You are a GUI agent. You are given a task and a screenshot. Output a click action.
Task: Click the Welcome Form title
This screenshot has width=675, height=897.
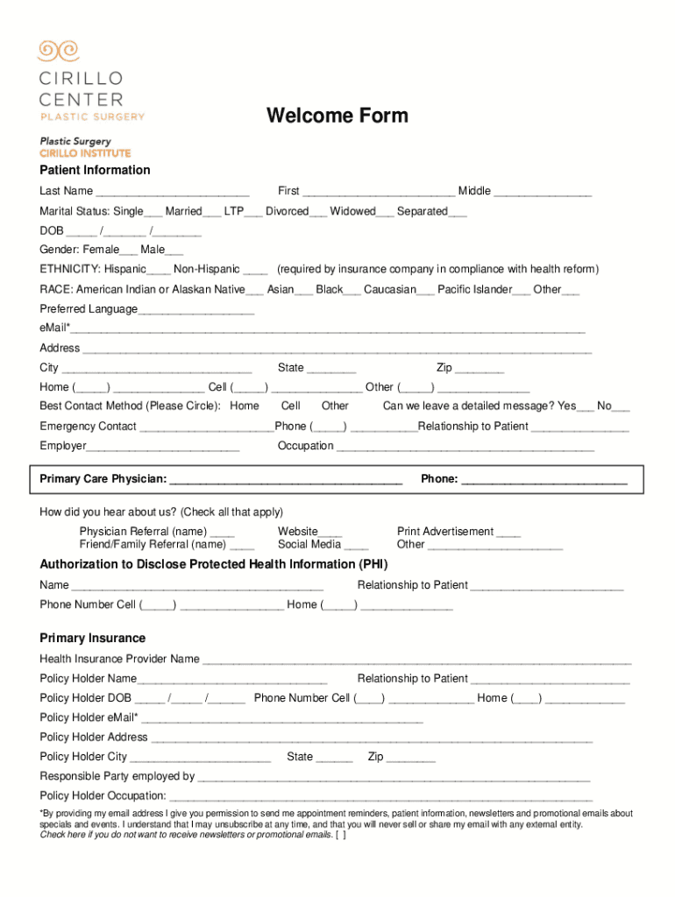(337, 116)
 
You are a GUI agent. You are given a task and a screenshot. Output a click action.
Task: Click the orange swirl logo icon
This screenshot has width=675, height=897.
(58, 51)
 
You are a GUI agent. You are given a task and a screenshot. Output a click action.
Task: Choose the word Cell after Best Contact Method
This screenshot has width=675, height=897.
(291, 406)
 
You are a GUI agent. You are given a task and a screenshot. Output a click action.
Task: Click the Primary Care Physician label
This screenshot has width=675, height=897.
(103, 479)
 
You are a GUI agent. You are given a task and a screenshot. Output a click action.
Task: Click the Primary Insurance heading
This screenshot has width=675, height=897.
(92, 638)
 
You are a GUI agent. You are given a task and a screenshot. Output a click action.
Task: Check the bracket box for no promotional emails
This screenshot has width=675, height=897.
(342, 835)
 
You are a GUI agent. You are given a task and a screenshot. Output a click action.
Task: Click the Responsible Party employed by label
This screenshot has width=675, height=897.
(117, 776)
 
